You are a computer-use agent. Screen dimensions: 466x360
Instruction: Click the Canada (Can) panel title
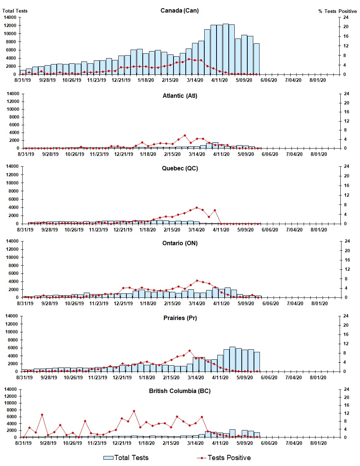[x=179, y=10]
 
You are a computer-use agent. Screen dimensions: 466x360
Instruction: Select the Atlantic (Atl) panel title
[x=180, y=96]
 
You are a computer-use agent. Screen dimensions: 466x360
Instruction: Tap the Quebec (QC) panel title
[x=180, y=168]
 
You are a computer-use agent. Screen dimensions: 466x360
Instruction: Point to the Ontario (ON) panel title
[x=180, y=243]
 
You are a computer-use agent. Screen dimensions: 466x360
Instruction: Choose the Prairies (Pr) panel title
[x=180, y=318]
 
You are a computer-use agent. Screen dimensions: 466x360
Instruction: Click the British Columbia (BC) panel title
[x=180, y=391]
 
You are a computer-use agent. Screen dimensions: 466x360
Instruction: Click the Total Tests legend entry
[x=126, y=458]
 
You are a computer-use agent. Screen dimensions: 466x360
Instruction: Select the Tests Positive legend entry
[x=224, y=458]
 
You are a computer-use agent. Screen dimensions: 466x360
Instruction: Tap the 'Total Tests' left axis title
[x=15, y=11]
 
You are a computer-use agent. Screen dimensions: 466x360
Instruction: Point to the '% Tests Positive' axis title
[x=337, y=11]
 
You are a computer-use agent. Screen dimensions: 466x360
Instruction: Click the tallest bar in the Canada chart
[x=225, y=49]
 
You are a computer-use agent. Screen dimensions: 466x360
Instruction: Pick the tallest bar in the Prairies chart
[x=232, y=359]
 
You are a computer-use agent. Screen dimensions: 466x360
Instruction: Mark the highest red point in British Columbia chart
[x=134, y=411]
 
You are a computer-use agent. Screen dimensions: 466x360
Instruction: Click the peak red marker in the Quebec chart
[x=196, y=208]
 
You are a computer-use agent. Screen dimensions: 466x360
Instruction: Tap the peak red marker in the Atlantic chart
[x=185, y=136]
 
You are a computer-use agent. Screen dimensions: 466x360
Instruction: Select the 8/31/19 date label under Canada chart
[x=23, y=80]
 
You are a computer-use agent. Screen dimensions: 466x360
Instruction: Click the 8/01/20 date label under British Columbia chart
[x=318, y=443]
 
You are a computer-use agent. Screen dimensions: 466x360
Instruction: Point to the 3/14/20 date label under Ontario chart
[x=197, y=303]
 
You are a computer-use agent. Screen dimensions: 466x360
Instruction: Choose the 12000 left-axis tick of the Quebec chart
[x=13, y=175]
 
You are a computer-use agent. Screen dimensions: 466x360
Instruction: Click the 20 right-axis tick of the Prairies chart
[x=346, y=325]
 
